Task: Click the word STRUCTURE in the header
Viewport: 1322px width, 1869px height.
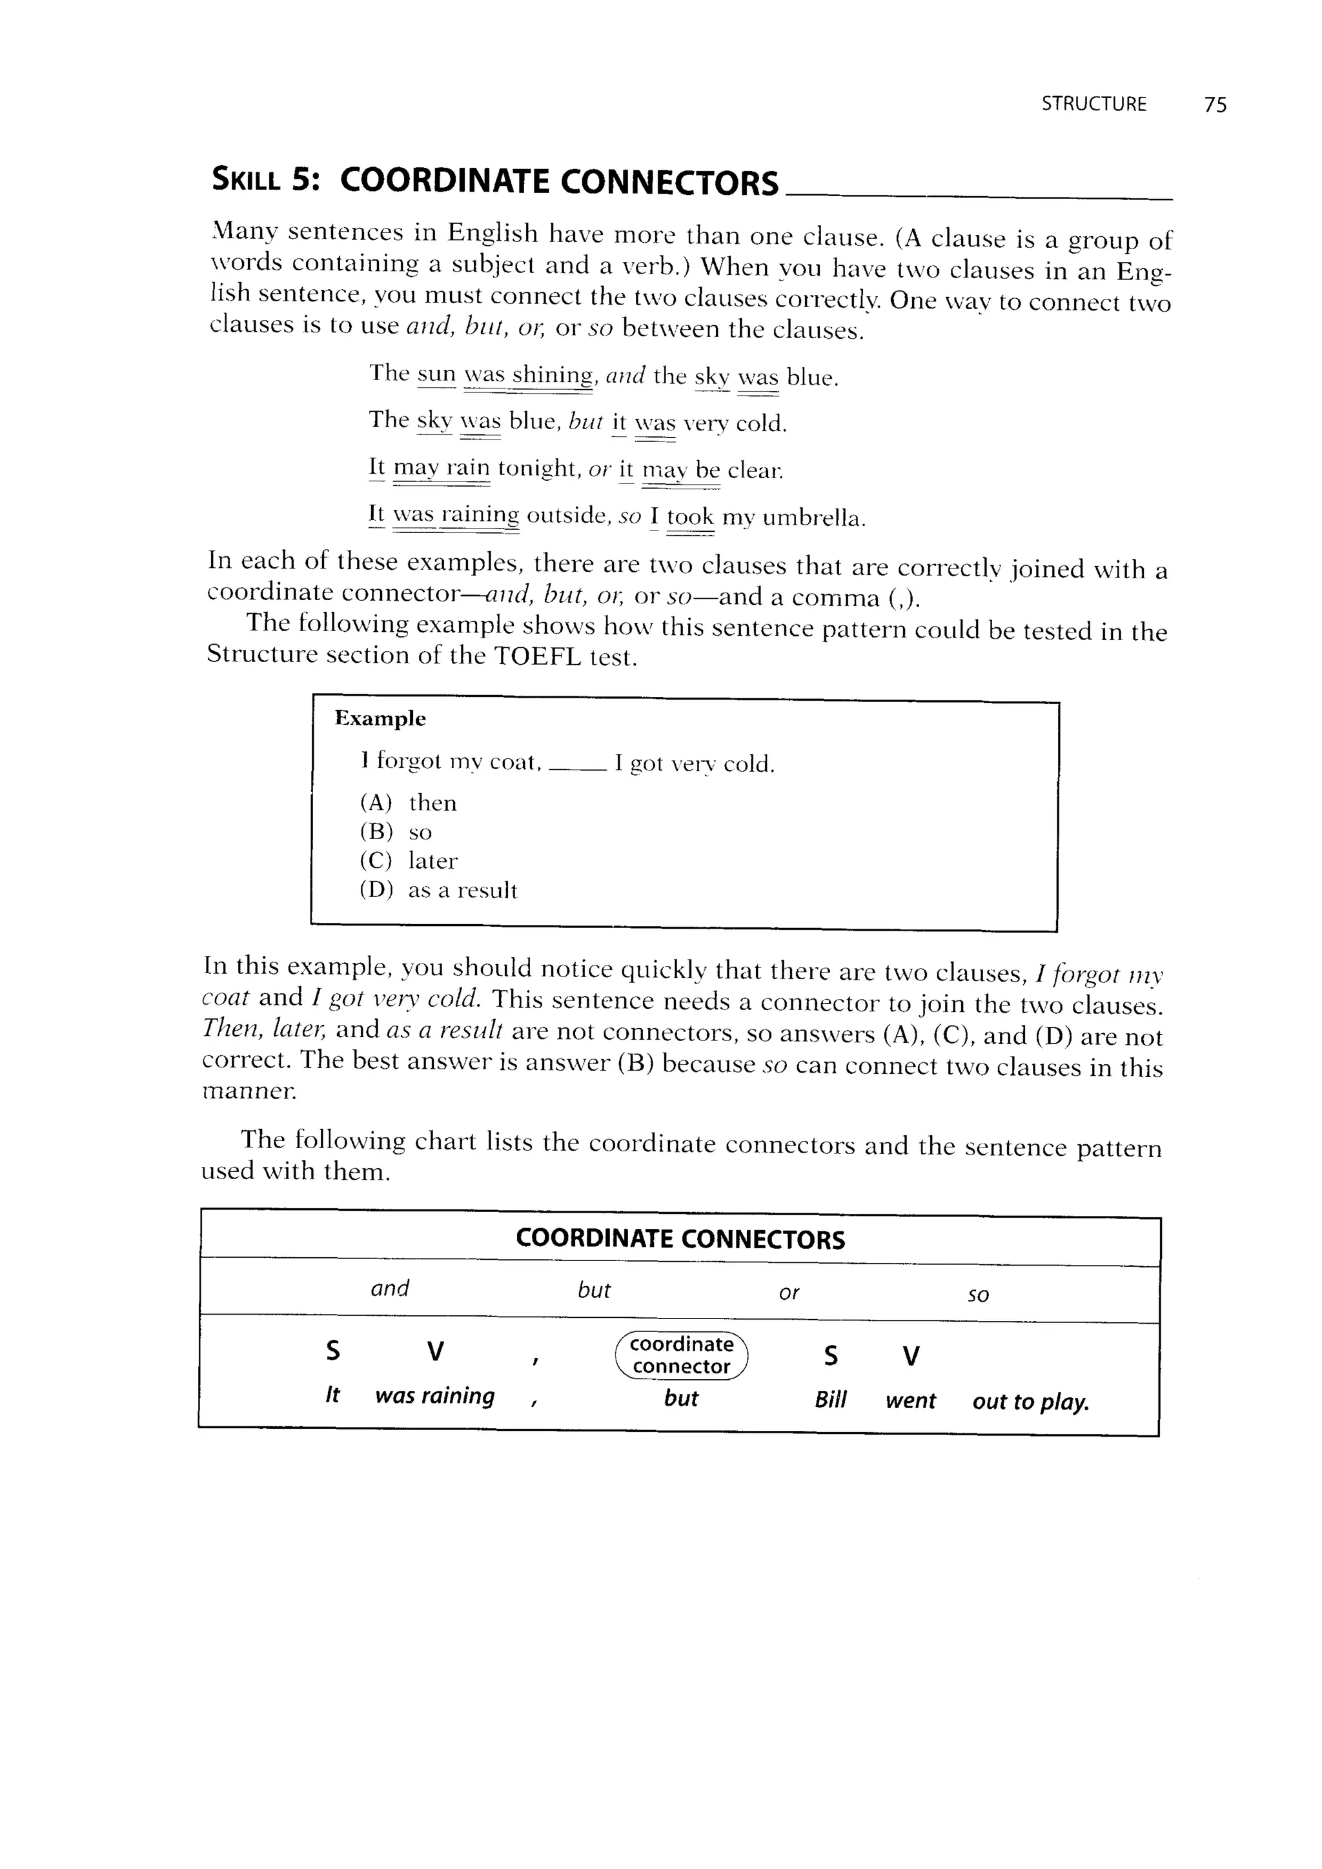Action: coord(1093,104)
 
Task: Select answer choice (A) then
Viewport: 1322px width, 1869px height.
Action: coord(409,803)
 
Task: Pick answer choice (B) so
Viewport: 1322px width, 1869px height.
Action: coord(396,833)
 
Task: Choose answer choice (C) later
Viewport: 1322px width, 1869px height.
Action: coord(409,861)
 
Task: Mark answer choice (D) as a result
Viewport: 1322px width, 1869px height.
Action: coord(438,891)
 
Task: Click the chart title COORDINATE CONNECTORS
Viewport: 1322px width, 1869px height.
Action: coord(680,1239)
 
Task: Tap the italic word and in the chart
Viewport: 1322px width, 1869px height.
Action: coord(390,1288)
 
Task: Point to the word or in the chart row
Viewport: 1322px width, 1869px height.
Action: coord(789,1293)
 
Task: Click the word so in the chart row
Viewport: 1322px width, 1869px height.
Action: coord(978,1295)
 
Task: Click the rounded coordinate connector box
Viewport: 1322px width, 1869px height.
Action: coord(682,1355)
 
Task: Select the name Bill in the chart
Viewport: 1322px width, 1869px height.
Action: coord(830,1400)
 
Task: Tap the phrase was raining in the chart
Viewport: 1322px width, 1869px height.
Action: coord(434,1396)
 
